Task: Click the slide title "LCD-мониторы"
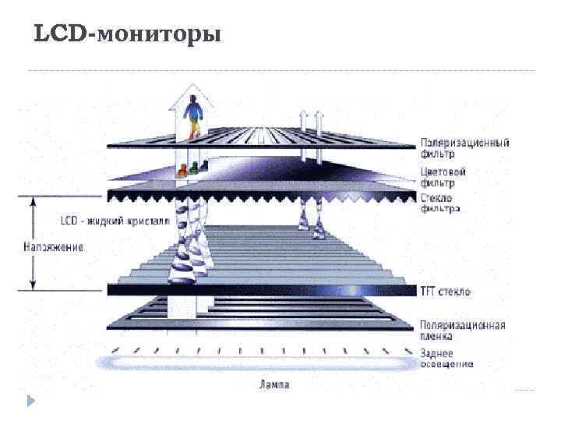pos(128,35)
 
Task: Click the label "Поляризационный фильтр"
pos(464,148)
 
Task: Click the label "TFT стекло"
pos(446,291)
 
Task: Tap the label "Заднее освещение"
pos(446,359)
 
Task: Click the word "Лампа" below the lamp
pos(273,384)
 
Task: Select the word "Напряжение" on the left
pos(52,247)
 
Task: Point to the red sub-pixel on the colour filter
pos(181,171)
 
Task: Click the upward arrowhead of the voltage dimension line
pos(32,203)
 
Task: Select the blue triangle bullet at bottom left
pos(30,402)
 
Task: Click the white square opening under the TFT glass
pos(183,306)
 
